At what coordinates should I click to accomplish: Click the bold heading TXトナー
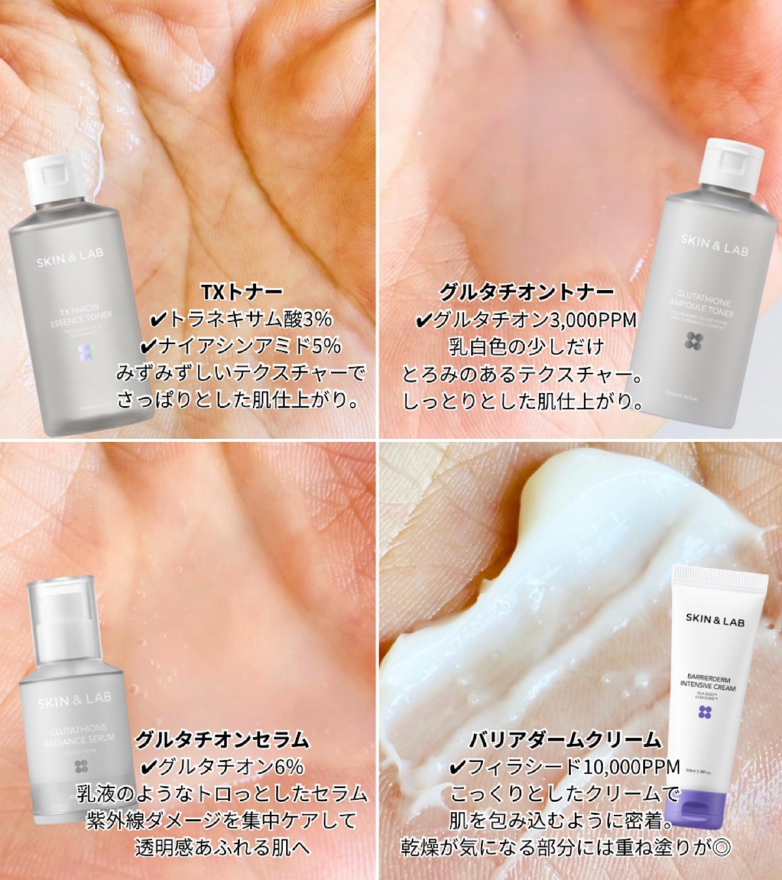[242, 291]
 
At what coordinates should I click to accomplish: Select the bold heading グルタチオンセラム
[222, 739]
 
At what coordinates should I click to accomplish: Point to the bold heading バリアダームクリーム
[565, 739]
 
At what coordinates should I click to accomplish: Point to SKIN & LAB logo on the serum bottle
[74, 699]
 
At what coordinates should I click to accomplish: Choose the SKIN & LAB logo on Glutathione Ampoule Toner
[714, 244]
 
